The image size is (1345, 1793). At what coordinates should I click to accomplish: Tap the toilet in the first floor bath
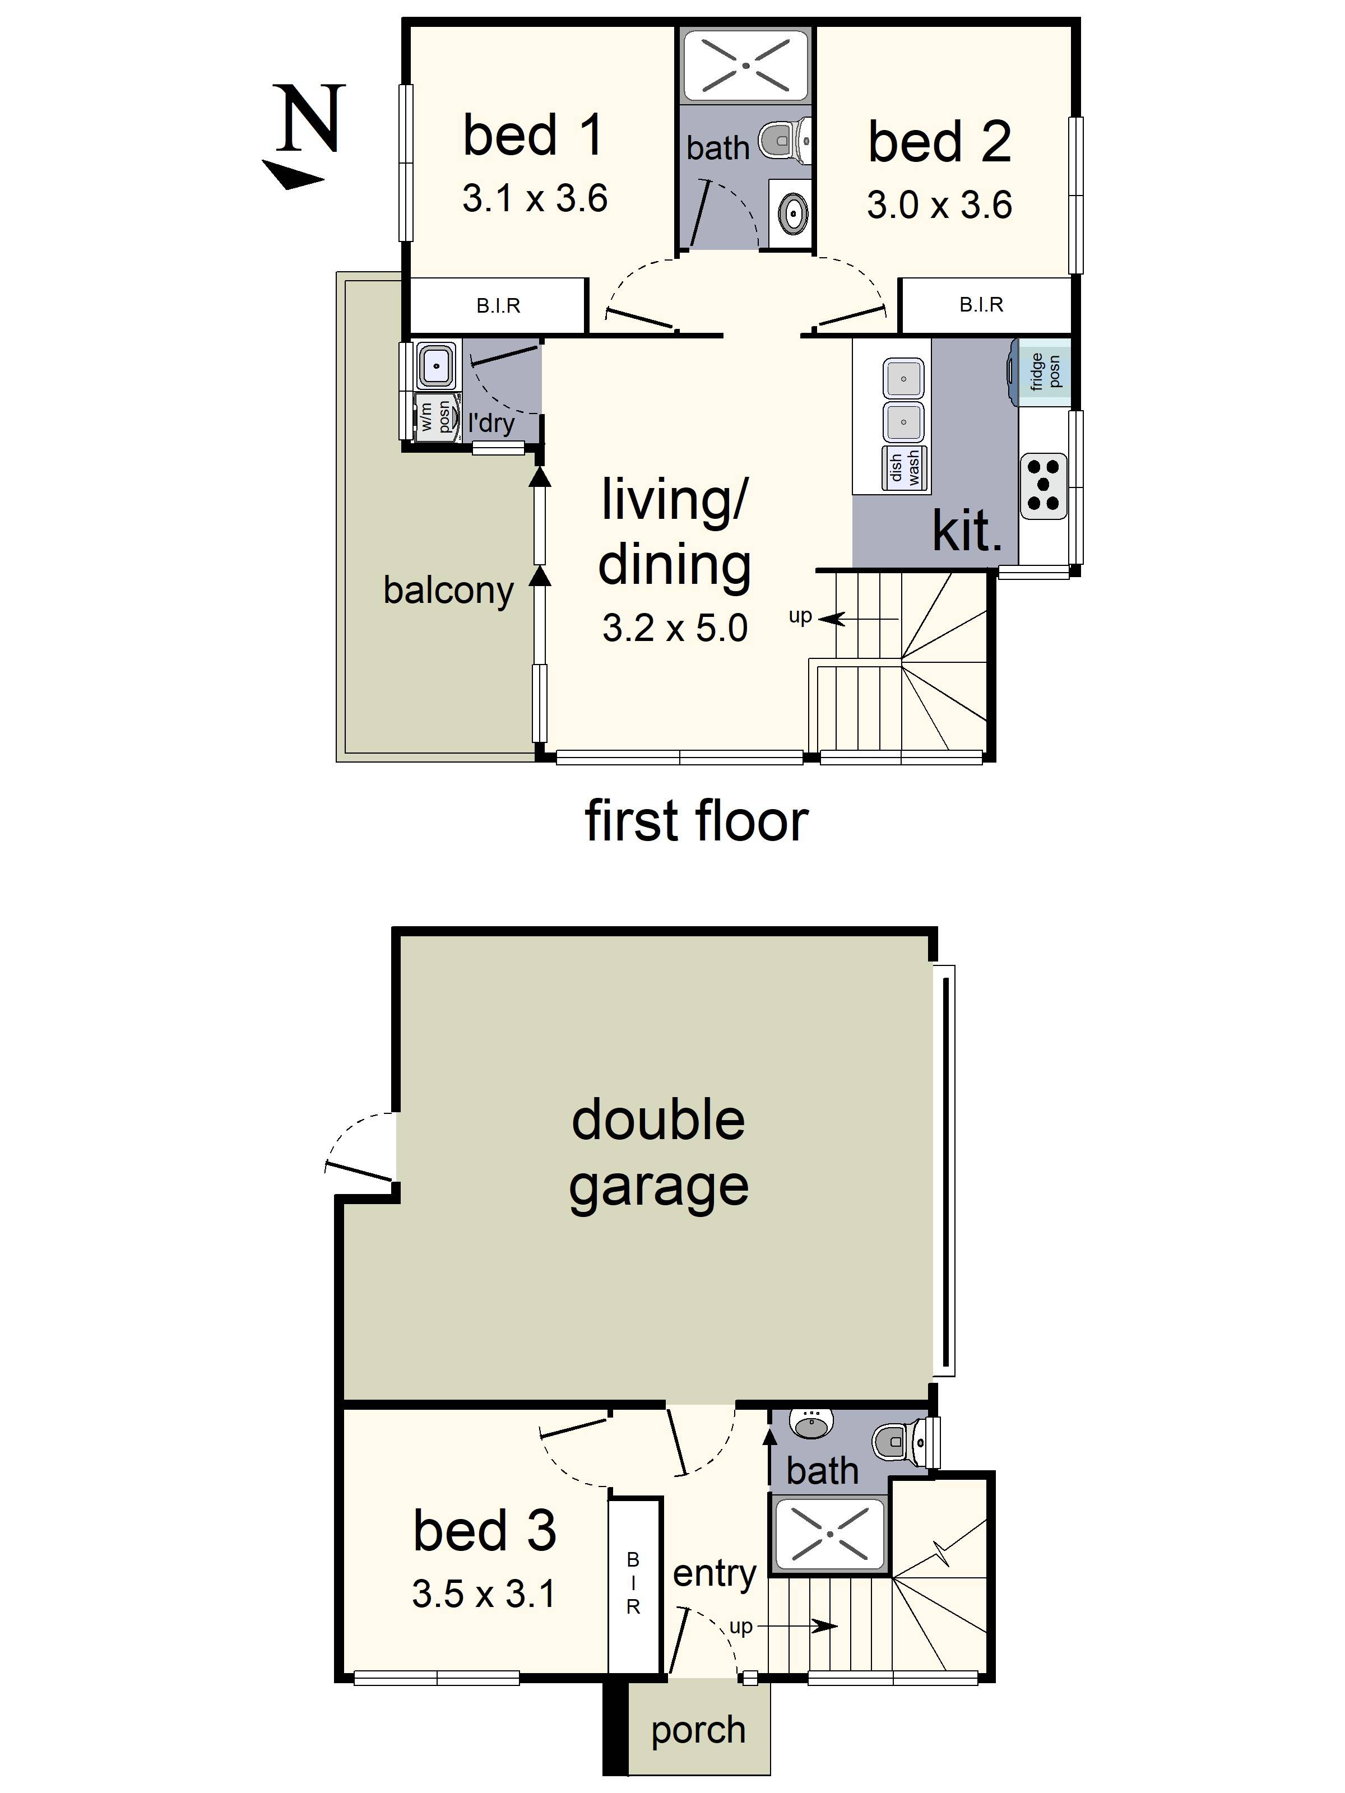783,140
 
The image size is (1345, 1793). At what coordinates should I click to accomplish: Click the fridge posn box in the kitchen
1045,371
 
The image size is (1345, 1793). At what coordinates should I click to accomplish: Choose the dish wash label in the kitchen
905,468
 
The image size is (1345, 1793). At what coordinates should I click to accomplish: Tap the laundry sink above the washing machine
435,365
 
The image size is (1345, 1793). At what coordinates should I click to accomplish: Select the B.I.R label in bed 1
498,305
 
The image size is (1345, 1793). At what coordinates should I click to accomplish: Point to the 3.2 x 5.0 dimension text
675,628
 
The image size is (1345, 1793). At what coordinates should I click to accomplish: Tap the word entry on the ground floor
715,1573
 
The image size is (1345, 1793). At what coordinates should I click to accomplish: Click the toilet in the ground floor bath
897,1439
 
